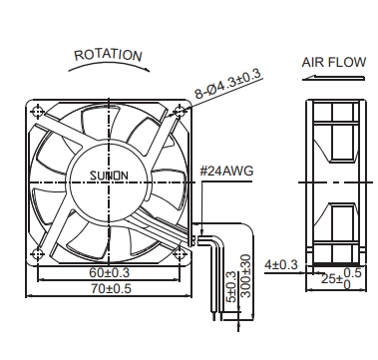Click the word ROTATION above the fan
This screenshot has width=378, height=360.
point(108,55)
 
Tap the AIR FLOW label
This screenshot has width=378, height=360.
point(334,62)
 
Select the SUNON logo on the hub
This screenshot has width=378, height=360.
point(109,176)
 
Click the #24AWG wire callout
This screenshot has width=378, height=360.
point(226,171)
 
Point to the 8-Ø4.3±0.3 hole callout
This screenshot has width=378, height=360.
point(227,85)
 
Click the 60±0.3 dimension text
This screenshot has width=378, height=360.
point(109,273)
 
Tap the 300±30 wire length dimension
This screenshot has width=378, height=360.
point(245,276)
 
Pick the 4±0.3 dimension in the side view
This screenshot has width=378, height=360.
point(281,265)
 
